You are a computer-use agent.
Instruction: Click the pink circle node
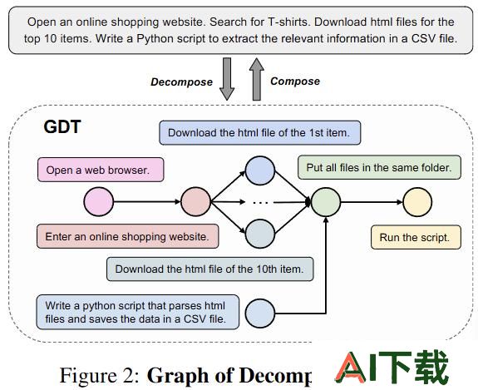[x=98, y=201]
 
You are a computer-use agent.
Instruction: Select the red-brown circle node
[x=195, y=201]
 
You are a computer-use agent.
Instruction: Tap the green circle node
[x=326, y=202]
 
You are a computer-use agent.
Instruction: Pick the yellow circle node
[x=417, y=202]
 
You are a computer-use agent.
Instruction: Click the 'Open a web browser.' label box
[x=101, y=170]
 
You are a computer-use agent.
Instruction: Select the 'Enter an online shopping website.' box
[x=128, y=236]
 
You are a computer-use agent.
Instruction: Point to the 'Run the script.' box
[x=416, y=237]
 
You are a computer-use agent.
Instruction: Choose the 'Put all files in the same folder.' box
[x=379, y=167]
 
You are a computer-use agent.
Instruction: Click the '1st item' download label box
[x=259, y=133]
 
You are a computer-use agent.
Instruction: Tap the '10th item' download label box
[x=209, y=269]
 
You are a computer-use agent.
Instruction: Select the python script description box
[x=138, y=312]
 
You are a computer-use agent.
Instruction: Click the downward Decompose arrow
[x=227, y=79]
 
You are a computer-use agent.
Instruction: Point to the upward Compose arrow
[x=257, y=79]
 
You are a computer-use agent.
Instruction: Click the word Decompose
[x=182, y=82]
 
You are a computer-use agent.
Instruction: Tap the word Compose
[x=295, y=81]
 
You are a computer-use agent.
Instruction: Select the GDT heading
[x=62, y=126]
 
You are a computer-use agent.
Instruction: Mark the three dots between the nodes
[x=261, y=202]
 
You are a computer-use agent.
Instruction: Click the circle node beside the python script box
[x=259, y=313]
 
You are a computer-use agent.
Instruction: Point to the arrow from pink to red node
[x=147, y=201]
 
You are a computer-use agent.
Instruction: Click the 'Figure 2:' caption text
[x=100, y=375]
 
